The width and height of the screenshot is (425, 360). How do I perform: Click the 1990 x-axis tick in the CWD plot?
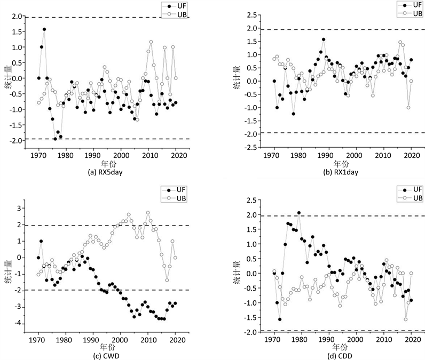[x=92, y=339]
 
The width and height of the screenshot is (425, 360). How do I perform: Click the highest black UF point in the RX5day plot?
[x=44, y=29]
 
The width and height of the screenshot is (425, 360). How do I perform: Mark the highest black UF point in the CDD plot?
[x=299, y=213]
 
